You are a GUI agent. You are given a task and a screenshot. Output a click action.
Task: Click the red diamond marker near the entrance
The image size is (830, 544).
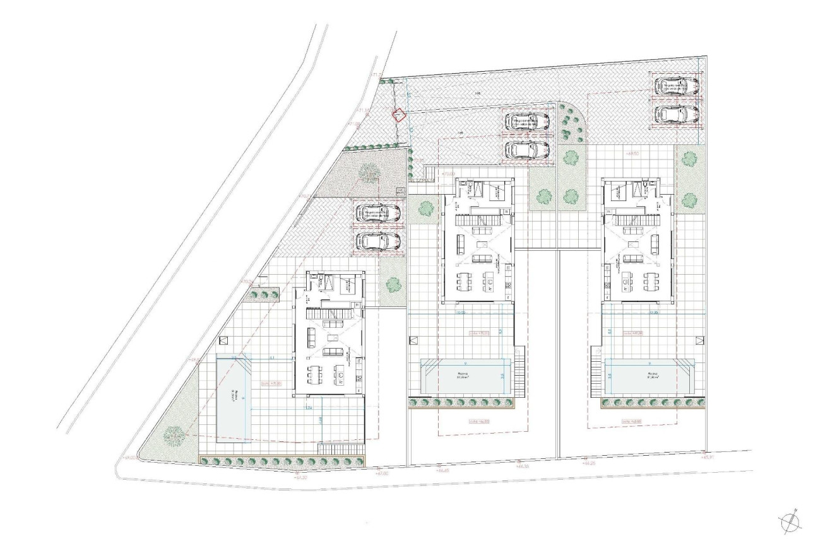pyautogui.click(x=398, y=115)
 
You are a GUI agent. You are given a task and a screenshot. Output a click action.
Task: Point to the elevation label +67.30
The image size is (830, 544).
pyautogui.click(x=302, y=478)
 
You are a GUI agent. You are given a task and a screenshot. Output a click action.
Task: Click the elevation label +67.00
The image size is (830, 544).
pyautogui.click(x=381, y=473)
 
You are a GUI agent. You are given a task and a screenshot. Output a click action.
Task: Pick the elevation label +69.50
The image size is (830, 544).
pyautogui.click(x=633, y=153)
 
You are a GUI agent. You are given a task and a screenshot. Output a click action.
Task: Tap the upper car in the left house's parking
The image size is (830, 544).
pyautogui.click(x=377, y=214)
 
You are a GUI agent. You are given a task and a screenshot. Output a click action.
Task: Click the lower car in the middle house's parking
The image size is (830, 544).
pyautogui.click(x=528, y=150)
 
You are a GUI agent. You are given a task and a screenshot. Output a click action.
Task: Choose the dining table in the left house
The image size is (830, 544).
pyautogui.click(x=314, y=376)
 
